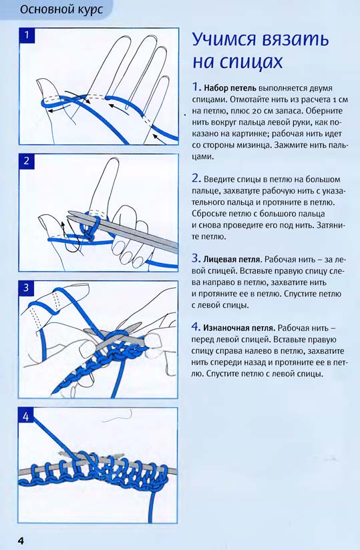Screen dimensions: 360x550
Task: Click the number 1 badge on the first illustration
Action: pos(27,36)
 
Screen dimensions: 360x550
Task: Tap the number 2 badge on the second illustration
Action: pos(27,162)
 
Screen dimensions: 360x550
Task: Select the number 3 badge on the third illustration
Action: pos(26,288)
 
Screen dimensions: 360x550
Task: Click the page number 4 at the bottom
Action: pos(21,541)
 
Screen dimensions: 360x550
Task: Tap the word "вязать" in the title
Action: pos(295,39)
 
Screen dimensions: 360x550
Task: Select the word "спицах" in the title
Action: pos(251,61)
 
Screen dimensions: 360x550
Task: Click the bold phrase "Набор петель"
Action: pos(230,87)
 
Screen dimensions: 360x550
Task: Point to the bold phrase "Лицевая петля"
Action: pos(232,260)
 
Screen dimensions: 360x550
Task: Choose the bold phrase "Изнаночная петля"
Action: pos(238,328)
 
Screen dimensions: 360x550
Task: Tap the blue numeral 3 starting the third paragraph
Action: pos(196,259)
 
